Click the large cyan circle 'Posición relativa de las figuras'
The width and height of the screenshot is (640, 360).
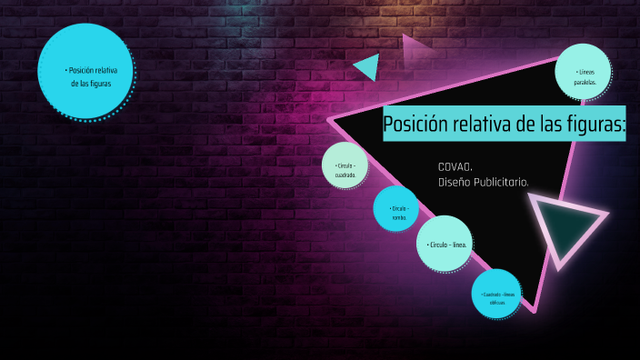click(86, 72)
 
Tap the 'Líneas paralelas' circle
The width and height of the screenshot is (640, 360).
click(583, 71)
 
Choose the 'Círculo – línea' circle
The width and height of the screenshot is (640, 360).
click(445, 244)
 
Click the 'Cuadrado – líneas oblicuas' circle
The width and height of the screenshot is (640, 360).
click(495, 295)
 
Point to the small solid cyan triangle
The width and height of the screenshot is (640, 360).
click(368, 66)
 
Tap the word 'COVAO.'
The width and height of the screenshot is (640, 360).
click(455, 166)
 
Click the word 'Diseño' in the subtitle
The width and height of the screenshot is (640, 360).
click(453, 182)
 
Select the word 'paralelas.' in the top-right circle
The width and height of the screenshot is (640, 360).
click(585, 82)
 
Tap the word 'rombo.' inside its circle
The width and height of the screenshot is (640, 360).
click(399, 217)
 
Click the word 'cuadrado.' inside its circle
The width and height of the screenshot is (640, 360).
click(345, 175)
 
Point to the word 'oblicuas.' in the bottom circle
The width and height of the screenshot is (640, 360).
click(496, 302)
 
